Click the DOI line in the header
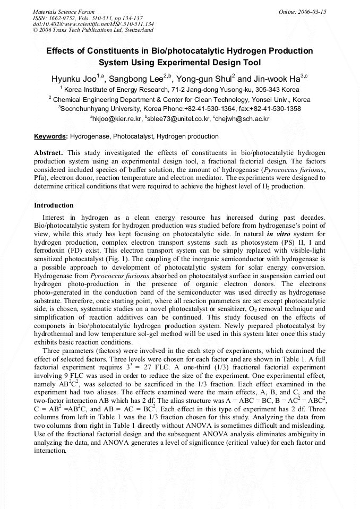point(93,24)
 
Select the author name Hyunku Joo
point(73,79)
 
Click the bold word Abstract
point(48,152)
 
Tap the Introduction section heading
point(54,205)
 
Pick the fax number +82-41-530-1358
point(275,108)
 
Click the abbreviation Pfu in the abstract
point(40,171)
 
